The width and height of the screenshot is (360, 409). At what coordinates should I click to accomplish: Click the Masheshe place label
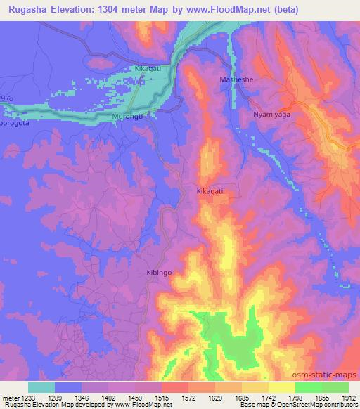[x=236, y=79]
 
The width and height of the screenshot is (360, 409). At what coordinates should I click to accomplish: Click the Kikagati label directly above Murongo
[x=148, y=69]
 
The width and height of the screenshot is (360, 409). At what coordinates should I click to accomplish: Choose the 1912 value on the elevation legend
[x=347, y=398]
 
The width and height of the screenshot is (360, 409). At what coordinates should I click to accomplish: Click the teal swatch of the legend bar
[x=41, y=387]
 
